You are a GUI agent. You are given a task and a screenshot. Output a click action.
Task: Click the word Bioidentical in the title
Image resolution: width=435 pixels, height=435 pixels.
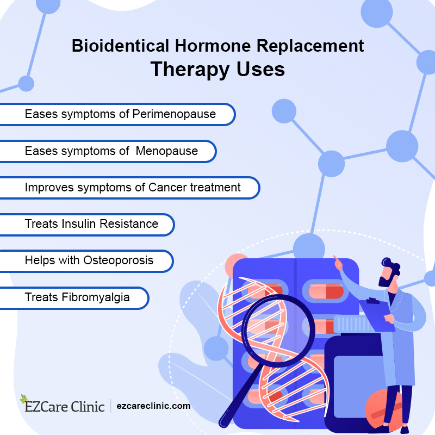120,46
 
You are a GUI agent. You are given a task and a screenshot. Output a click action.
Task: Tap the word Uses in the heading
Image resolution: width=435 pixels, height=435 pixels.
260,69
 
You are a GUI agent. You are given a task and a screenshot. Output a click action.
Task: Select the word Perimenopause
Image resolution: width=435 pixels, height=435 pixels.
174,114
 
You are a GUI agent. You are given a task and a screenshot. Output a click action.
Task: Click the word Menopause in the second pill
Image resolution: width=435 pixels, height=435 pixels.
167,151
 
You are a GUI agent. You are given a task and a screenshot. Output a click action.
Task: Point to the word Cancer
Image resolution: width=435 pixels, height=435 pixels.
167,188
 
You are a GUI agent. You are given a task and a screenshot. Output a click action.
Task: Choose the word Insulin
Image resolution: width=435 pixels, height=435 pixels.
79,224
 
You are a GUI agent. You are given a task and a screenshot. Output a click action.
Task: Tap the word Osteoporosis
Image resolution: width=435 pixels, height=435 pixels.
118,260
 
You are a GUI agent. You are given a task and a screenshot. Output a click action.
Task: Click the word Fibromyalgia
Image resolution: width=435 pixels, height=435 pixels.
96,297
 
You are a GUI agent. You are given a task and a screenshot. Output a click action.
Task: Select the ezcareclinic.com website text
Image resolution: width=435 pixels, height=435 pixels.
153,406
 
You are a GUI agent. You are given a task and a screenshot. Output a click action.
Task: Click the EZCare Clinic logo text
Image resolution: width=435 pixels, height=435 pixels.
65,407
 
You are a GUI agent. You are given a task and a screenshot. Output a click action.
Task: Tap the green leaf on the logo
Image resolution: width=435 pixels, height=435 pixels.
24,399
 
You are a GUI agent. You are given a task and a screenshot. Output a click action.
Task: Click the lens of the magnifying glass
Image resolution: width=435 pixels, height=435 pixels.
278,331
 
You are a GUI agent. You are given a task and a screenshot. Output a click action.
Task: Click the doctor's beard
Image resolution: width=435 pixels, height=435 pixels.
386,282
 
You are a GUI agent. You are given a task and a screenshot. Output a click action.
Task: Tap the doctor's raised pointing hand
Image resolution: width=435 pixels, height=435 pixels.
338,263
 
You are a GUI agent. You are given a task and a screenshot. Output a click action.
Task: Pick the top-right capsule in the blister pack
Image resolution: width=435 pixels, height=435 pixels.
326,291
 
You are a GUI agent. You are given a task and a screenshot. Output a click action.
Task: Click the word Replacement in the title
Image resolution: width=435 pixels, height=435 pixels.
310,46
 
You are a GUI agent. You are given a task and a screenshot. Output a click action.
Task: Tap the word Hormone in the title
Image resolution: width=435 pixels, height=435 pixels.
213,46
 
